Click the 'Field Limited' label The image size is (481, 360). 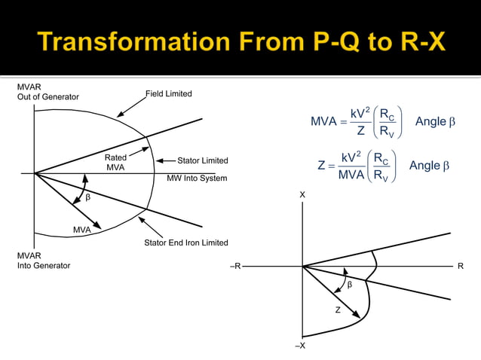click(169, 94)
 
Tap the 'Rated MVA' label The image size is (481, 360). click(115, 163)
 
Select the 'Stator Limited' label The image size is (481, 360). click(202, 160)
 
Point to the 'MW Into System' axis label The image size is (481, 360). click(197, 178)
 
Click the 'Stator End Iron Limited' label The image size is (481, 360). click(185, 243)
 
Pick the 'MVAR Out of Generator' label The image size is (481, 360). click(47, 93)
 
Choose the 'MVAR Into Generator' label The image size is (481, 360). click(44, 261)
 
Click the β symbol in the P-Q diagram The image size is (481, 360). click(87, 198)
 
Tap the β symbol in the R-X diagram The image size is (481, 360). click(349, 285)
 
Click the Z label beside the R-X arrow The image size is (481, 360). click(338, 310)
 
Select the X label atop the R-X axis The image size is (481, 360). click(302, 195)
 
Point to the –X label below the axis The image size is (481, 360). click(301, 345)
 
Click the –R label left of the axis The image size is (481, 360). click(236, 267)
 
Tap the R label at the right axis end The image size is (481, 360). click(461, 267)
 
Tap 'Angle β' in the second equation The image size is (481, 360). click(429, 166)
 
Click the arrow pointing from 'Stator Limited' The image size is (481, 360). click(166, 160)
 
